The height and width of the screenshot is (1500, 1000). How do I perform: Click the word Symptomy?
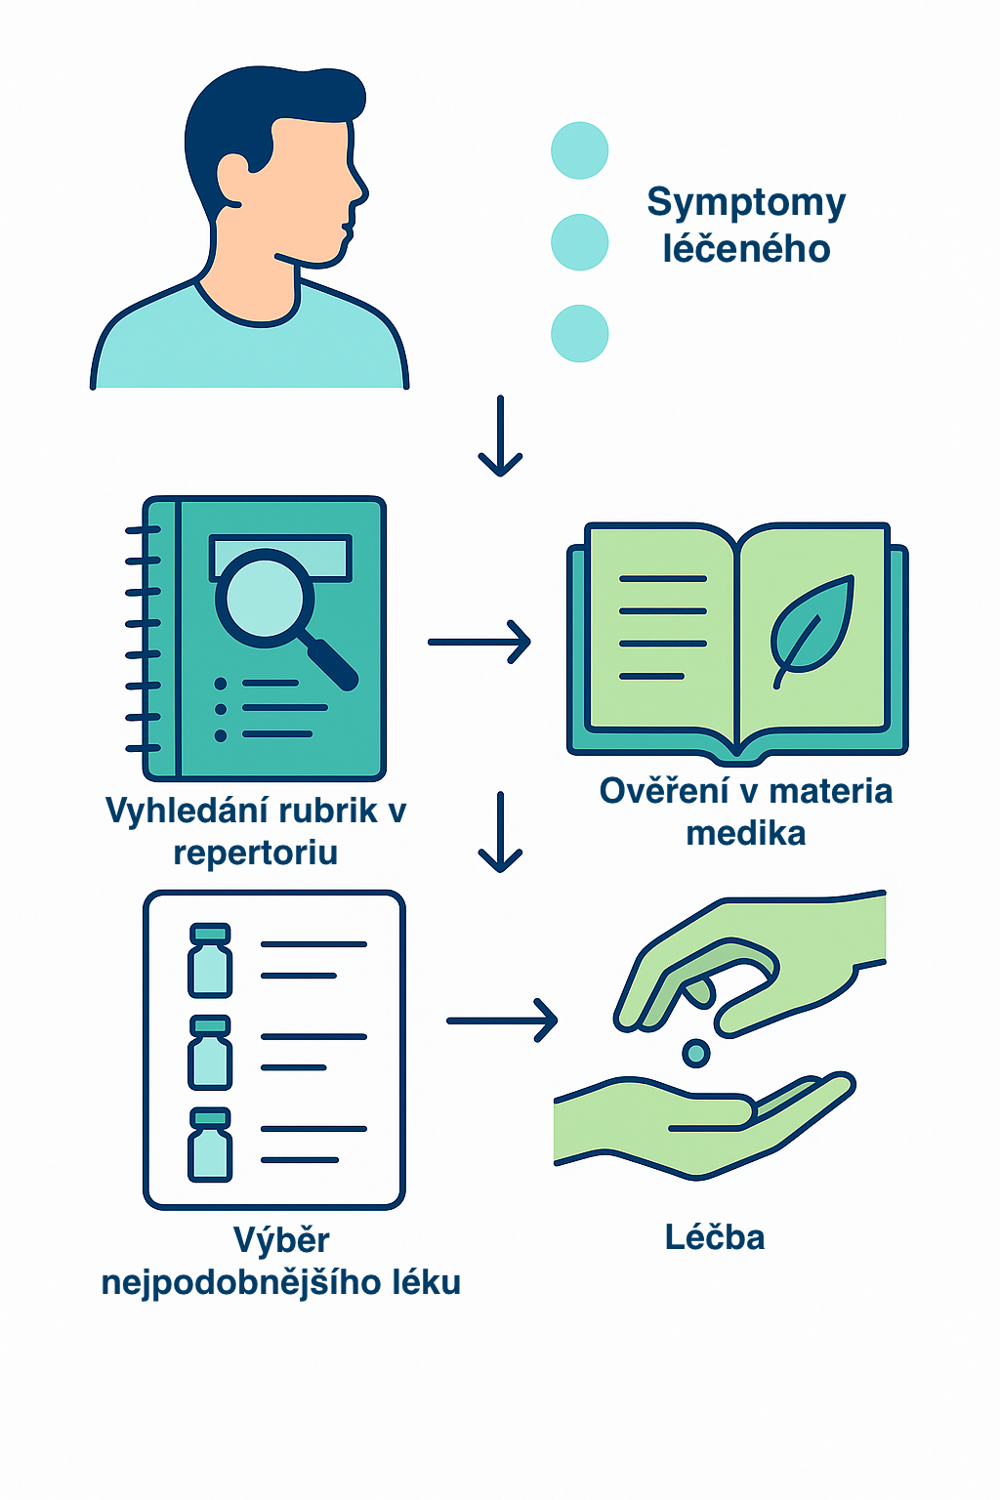[x=746, y=203]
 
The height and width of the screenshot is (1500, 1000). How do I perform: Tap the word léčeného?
[x=746, y=249]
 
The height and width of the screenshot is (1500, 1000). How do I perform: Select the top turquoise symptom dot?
[x=580, y=150]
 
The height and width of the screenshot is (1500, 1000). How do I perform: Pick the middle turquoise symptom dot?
[x=580, y=242]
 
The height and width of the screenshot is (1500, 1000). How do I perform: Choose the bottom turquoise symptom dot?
[x=580, y=333]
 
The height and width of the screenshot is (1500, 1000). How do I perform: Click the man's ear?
[x=234, y=179]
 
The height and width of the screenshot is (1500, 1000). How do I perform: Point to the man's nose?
[x=359, y=188]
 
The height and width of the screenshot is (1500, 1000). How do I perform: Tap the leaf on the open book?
[x=812, y=627]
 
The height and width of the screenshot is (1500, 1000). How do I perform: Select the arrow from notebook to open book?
[x=479, y=642]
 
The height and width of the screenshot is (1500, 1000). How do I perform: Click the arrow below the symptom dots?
[x=500, y=436]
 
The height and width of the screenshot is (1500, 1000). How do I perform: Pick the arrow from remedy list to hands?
[x=501, y=1021]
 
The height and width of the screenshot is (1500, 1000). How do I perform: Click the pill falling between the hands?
[x=695, y=1053]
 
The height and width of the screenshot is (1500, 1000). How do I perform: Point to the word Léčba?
[x=715, y=1237]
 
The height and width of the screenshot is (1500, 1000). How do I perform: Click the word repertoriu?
[x=256, y=853]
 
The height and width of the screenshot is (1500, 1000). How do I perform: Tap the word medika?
[x=746, y=833]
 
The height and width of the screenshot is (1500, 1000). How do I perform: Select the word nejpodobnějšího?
[x=241, y=1282]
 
